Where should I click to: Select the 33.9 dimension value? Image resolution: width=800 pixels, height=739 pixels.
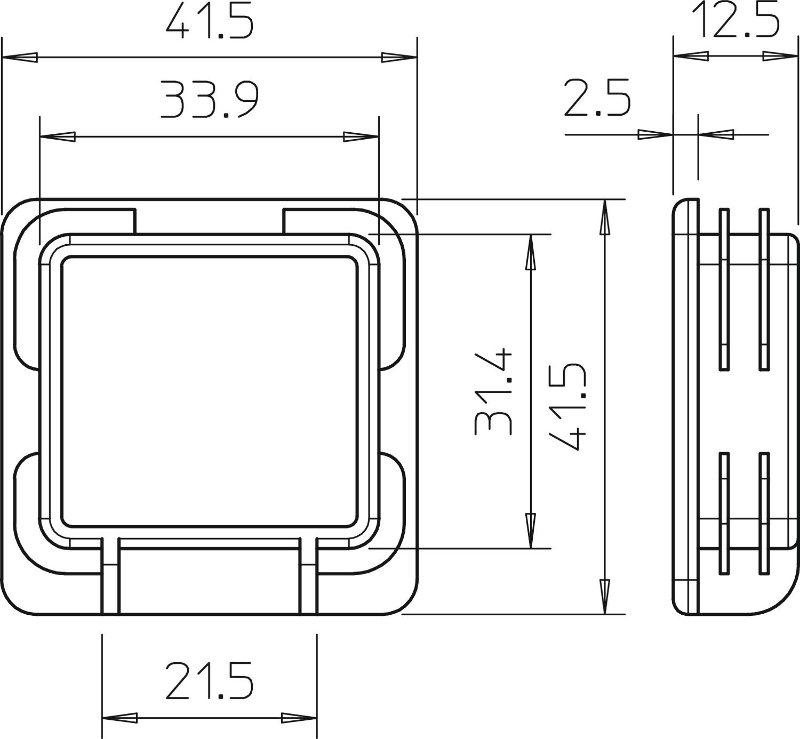pos(209,100)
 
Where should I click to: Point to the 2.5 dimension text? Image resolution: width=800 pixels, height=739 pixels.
pos(597,98)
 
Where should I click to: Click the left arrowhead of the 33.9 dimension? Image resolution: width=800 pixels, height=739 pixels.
pos(58,136)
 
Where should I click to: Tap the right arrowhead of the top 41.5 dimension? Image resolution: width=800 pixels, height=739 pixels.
pos(399,58)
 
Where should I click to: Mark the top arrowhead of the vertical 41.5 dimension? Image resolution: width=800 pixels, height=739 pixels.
pos(604,217)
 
